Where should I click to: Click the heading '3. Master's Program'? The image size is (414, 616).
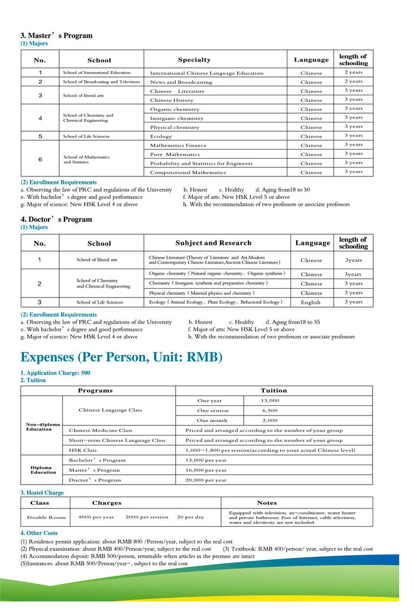coord(56,36)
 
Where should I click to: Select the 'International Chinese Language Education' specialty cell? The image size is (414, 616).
coord(206,73)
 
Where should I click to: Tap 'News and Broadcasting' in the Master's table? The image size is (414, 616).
coord(181,82)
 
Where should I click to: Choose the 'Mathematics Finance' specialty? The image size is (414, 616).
coord(178,146)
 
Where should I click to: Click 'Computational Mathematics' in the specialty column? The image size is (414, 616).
coord(188,173)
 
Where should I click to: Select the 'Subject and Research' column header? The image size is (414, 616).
coord(214,243)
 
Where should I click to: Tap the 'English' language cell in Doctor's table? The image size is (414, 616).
coord(310,302)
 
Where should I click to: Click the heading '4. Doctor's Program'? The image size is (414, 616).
coord(56,220)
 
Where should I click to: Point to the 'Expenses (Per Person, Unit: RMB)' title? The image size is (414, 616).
coord(121,357)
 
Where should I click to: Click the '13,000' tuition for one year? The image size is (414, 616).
coord(270,401)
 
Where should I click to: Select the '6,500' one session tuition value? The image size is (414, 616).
coord(270,410)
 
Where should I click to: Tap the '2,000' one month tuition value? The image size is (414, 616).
coord(270,420)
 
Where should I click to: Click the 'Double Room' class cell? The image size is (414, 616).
coord(46,517)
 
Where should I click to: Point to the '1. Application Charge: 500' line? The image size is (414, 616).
coord(55,373)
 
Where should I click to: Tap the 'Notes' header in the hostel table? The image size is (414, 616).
coord(267,503)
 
